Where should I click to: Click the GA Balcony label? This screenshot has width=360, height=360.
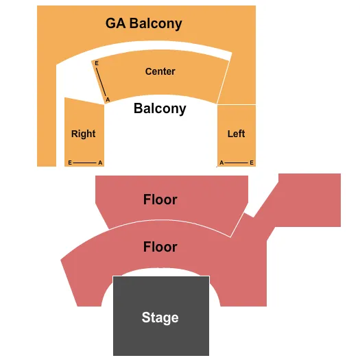click(x=144, y=23)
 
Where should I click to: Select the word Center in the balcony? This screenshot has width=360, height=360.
click(x=160, y=71)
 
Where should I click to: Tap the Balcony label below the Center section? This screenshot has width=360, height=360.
click(x=160, y=108)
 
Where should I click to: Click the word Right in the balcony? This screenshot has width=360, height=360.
click(x=83, y=134)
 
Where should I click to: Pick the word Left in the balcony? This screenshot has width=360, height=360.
click(x=236, y=134)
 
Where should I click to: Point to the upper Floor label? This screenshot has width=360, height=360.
click(x=160, y=200)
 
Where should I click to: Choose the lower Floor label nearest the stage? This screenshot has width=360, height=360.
click(x=160, y=247)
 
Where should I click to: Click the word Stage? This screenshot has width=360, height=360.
click(x=160, y=317)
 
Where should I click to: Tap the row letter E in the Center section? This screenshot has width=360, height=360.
click(x=97, y=63)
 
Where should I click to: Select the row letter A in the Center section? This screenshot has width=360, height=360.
click(x=108, y=100)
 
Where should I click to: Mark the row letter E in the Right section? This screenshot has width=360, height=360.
click(x=70, y=163)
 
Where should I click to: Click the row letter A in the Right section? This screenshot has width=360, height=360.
click(x=100, y=163)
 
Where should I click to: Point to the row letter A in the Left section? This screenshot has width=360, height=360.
click(x=221, y=163)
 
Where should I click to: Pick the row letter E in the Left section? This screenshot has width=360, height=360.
click(x=252, y=163)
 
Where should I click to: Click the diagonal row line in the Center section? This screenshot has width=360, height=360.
click(x=102, y=82)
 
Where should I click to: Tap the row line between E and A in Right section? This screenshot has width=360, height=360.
click(x=85, y=163)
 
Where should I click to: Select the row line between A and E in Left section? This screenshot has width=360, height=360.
click(x=237, y=163)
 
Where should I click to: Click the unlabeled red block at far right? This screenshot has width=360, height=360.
click(x=309, y=199)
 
